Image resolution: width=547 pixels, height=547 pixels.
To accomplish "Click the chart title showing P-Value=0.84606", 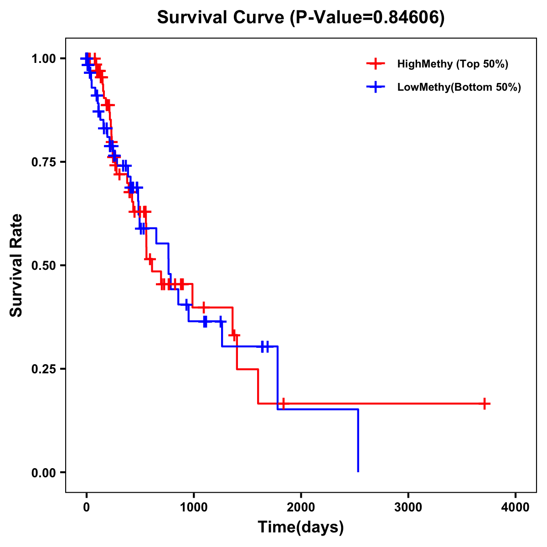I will click(x=301, y=18).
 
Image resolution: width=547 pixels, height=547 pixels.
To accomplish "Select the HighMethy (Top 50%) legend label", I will click(x=453, y=64).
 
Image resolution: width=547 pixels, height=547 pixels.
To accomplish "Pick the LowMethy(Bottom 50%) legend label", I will click(x=459, y=87).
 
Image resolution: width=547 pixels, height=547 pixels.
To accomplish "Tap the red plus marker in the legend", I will click(x=375, y=64).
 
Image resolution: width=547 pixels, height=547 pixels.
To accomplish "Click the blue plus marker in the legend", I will click(x=375, y=87).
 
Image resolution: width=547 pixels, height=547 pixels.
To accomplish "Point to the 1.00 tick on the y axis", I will click(x=43, y=58).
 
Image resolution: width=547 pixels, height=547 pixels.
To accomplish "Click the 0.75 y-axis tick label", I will click(x=43, y=162).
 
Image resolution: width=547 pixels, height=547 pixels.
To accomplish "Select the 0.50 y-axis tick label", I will click(x=43, y=265).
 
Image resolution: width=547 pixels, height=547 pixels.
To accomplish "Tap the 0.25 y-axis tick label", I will click(x=43, y=369).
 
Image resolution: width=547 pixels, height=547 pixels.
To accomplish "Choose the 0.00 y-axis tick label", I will click(x=43, y=472).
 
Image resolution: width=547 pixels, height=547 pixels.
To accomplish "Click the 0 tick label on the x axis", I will click(x=86, y=507).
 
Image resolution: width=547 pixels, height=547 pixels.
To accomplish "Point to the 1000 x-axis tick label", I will click(x=193, y=507).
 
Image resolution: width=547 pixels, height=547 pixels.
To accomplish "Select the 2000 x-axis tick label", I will click(x=301, y=507).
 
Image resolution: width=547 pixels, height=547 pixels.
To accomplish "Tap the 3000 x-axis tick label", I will click(x=408, y=507).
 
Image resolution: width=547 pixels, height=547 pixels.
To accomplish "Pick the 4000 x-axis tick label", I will click(x=516, y=507).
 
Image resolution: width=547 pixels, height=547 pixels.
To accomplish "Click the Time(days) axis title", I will click(x=301, y=527).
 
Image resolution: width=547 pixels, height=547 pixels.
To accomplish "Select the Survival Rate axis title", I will click(x=16, y=265).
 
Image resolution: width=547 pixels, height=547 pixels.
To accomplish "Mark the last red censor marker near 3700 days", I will click(x=485, y=403).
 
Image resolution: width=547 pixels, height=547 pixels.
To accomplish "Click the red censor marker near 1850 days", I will click(x=283, y=403).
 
